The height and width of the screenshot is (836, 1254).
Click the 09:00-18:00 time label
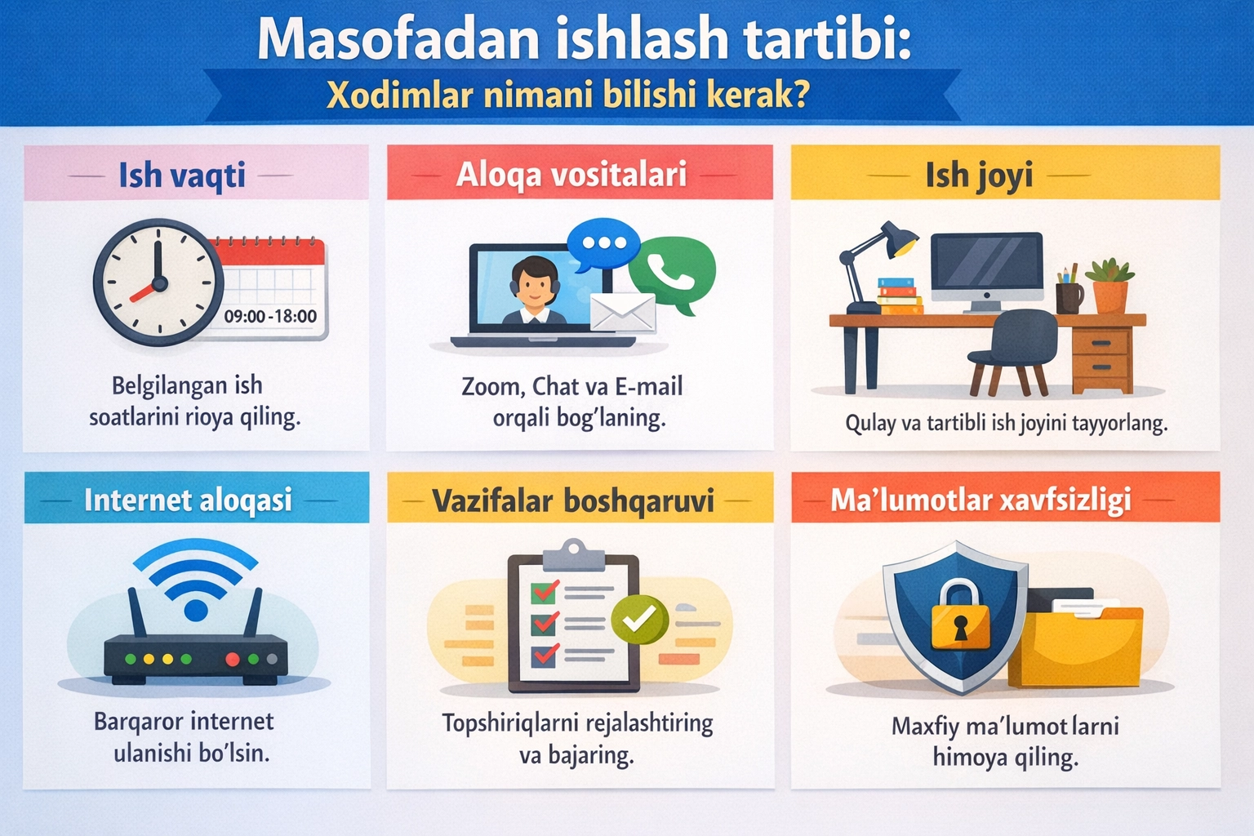point(270,317)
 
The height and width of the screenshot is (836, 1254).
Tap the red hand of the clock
point(144,290)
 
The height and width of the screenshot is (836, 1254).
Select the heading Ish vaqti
point(181,176)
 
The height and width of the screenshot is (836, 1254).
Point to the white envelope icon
point(622,313)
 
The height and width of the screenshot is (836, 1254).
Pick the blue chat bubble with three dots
point(603,243)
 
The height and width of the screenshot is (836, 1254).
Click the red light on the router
point(232,659)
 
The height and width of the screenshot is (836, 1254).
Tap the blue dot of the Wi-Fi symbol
point(196,609)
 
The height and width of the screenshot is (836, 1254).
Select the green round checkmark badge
point(639,620)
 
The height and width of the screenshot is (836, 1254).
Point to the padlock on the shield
point(960,616)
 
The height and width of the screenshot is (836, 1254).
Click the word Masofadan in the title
point(398,39)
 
